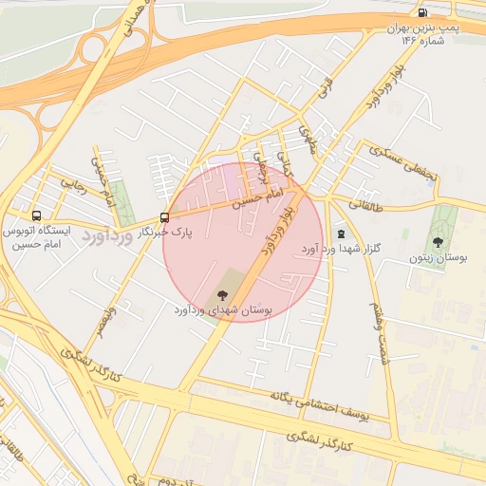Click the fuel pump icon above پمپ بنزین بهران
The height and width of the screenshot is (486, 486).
(x=421, y=12)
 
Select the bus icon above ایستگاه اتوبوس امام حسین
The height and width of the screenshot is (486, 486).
(x=36, y=215)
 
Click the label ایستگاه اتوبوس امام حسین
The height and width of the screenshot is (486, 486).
(x=37, y=237)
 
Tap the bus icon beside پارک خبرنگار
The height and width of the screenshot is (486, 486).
(x=165, y=217)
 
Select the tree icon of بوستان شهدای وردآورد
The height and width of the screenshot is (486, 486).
(x=224, y=294)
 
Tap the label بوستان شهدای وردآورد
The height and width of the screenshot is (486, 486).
(x=223, y=310)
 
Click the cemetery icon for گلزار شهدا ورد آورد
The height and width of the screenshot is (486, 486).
(x=340, y=234)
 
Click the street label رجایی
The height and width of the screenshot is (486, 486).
(x=74, y=185)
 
